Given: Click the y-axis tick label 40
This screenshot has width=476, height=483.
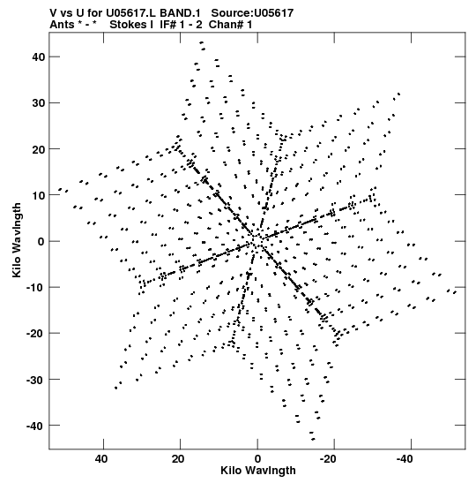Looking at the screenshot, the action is (x=38, y=57).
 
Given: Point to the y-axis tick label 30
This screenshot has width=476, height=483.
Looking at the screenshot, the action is (x=38, y=103).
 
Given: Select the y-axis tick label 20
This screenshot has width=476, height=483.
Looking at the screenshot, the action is (x=38, y=149).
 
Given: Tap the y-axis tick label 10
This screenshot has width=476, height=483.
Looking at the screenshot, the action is (x=38, y=195).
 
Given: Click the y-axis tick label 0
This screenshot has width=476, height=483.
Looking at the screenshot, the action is (x=41, y=241).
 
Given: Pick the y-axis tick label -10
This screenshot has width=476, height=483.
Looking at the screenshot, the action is (x=35, y=287).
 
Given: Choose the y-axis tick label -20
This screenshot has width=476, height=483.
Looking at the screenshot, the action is (x=35, y=333).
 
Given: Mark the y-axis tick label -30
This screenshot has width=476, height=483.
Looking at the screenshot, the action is (x=35, y=380).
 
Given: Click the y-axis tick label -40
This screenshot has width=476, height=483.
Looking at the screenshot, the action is (x=35, y=426).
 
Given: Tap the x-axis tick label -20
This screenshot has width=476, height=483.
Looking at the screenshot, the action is (x=329, y=459).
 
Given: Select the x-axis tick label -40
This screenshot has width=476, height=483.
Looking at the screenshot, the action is (x=405, y=459).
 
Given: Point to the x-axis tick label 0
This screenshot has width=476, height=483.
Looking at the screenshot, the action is (x=257, y=459).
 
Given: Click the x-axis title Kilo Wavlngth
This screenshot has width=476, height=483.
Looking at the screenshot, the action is (x=258, y=471).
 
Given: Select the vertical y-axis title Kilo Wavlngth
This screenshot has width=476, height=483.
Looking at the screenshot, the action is (x=17, y=240).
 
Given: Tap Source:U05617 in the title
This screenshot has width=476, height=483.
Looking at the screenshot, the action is (x=252, y=13).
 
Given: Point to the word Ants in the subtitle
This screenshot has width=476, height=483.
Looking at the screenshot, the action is (x=62, y=25).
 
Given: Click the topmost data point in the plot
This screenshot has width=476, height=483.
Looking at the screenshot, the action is (x=202, y=42).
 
